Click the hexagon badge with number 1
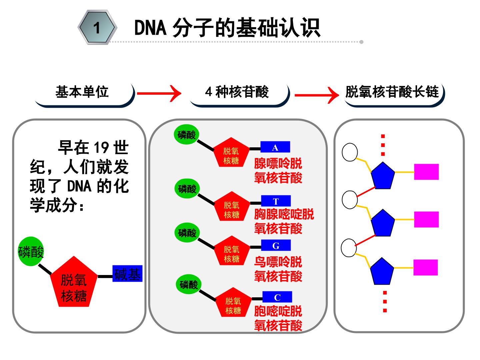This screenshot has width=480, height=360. click(97, 27)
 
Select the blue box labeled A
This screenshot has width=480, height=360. click(275, 147)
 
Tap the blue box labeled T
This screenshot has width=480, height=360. click(276, 201)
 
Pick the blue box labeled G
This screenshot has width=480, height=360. click(276, 245)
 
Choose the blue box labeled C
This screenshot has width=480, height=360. click(277, 297)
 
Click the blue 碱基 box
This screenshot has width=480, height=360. click(127, 273)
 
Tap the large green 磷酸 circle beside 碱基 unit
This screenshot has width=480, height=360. click(31, 251)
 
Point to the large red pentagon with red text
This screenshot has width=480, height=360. click(74, 282)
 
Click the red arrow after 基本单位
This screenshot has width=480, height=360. click(159, 93)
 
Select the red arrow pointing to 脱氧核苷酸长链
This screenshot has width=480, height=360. click(317, 95)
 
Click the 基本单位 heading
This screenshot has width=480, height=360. click(82, 92)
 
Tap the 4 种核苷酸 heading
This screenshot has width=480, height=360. click(237, 92)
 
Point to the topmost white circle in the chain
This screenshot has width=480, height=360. click(350, 152)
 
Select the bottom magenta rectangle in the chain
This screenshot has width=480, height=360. click(426, 267)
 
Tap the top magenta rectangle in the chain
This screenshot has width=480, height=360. click(426, 172)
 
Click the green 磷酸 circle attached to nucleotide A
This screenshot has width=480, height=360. click(187, 135)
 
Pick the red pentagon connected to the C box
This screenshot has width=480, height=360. click(233, 302)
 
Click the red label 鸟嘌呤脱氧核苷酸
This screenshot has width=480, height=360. click(278, 269)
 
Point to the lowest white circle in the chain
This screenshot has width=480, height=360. click(349, 248)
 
